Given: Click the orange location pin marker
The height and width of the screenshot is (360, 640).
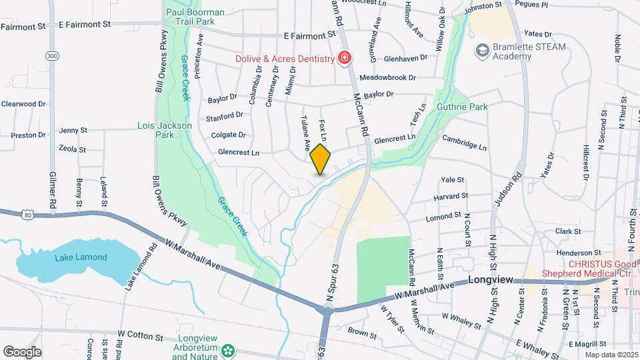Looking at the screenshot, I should click(x=321, y=159).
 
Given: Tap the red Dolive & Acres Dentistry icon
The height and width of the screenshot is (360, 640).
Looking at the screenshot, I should click(x=344, y=59).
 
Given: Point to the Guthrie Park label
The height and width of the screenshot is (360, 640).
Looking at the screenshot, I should click(x=462, y=107).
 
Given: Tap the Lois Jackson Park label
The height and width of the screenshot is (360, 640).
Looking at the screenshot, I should click(x=165, y=129).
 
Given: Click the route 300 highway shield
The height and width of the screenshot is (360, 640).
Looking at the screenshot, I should click(x=52, y=56).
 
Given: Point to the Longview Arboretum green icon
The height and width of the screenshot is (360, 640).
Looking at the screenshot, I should click(x=229, y=349).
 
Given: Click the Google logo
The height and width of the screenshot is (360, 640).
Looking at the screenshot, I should click(x=21, y=352).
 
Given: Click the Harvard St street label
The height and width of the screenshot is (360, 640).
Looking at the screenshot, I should click(x=450, y=197).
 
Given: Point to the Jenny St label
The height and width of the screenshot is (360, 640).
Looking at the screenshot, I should click(x=73, y=130).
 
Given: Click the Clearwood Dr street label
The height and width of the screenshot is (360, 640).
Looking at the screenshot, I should click(x=23, y=104).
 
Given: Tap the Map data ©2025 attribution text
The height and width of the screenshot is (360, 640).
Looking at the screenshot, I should click(x=611, y=354).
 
